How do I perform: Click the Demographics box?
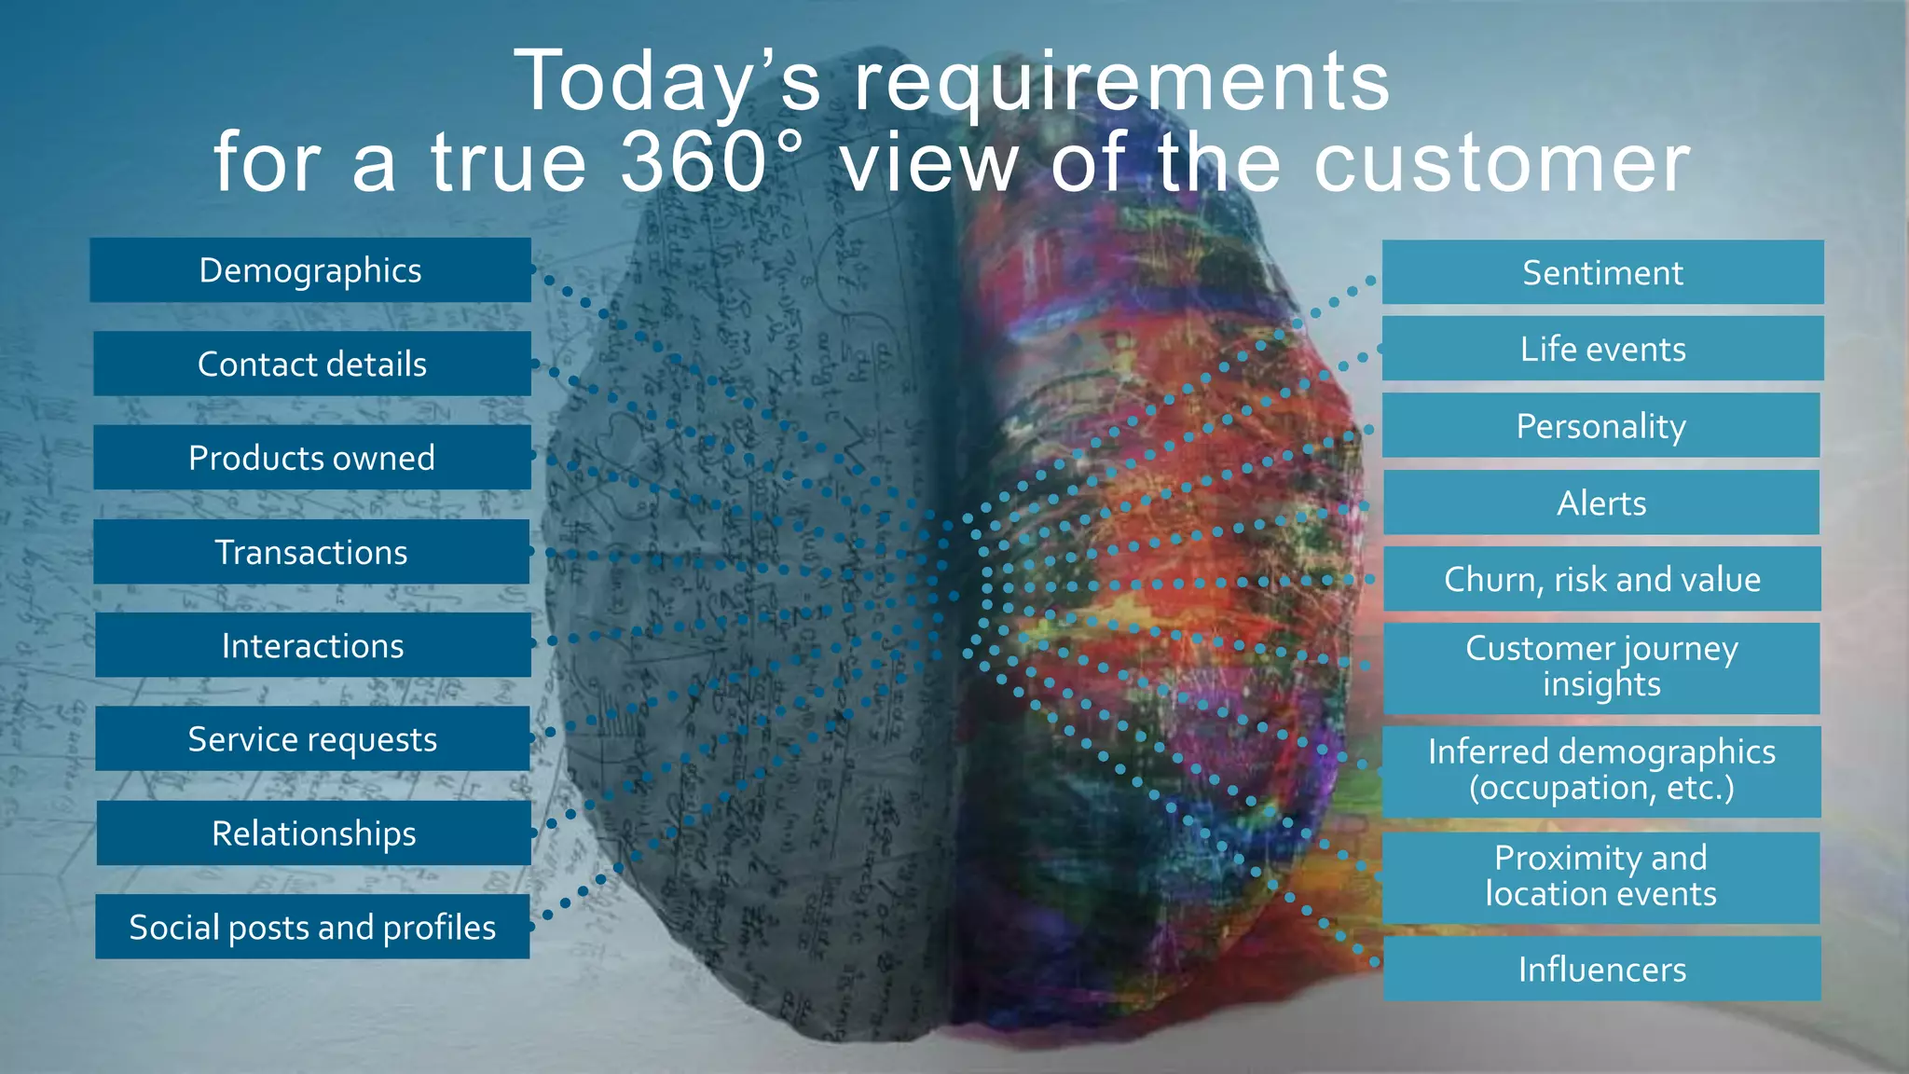click(310, 270)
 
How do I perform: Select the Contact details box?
click(312, 364)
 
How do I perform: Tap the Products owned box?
click(312, 458)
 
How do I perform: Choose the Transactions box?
click(312, 552)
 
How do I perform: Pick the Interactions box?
click(313, 645)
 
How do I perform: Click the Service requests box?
click(313, 739)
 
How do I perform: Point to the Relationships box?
click(314, 833)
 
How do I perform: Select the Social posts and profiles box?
click(313, 927)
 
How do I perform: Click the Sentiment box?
click(1602, 272)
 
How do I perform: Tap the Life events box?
click(1602, 349)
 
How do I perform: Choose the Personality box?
click(1600, 426)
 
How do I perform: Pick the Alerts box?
click(1601, 503)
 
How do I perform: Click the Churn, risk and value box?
click(1602, 579)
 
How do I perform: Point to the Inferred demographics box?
click(1601, 771)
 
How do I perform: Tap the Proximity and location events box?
click(1601, 877)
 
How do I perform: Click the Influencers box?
click(1602, 969)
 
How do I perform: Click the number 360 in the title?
click(694, 162)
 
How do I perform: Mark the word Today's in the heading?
click(667, 82)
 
